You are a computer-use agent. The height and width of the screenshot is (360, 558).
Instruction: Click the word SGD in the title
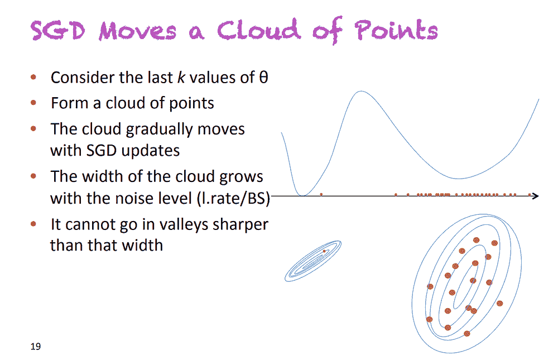(58, 31)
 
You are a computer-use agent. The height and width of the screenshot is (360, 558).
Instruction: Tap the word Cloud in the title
(259, 29)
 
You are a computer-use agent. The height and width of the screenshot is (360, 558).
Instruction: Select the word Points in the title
(396, 29)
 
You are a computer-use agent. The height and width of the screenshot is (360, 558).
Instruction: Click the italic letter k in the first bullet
(181, 77)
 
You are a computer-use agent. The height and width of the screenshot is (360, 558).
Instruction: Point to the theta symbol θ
(263, 77)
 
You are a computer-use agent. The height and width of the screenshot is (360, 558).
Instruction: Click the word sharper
(239, 225)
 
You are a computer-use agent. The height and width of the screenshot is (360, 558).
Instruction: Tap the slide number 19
(36, 346)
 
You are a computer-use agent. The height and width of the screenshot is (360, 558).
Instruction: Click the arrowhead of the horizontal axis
(536, 195)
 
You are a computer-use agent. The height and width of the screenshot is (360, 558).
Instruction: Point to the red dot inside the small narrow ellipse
(324, 251)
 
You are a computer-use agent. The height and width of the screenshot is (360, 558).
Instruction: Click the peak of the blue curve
(361, 91)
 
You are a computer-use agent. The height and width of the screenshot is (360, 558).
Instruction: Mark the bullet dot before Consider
(33, 77)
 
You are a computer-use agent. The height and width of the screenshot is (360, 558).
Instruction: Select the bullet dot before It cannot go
(33, 224)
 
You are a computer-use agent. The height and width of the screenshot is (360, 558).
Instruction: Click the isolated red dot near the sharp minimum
(321, 194)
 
